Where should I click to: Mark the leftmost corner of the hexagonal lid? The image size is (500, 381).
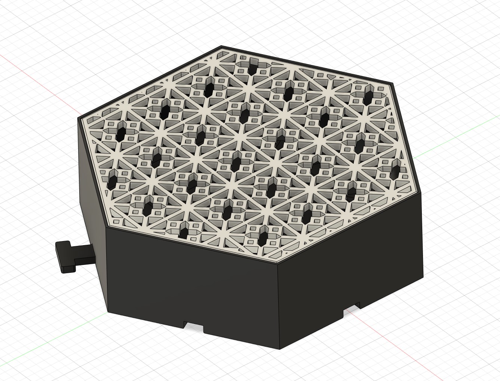78,119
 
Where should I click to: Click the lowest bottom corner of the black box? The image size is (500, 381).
280,349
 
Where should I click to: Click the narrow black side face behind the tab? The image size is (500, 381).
93,209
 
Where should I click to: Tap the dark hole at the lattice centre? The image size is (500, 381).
236,163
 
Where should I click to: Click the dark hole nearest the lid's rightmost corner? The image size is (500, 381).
395,168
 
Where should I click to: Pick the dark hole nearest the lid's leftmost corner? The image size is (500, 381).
121,134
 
